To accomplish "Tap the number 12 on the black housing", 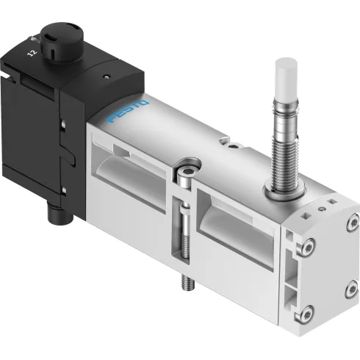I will (30, 52).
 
